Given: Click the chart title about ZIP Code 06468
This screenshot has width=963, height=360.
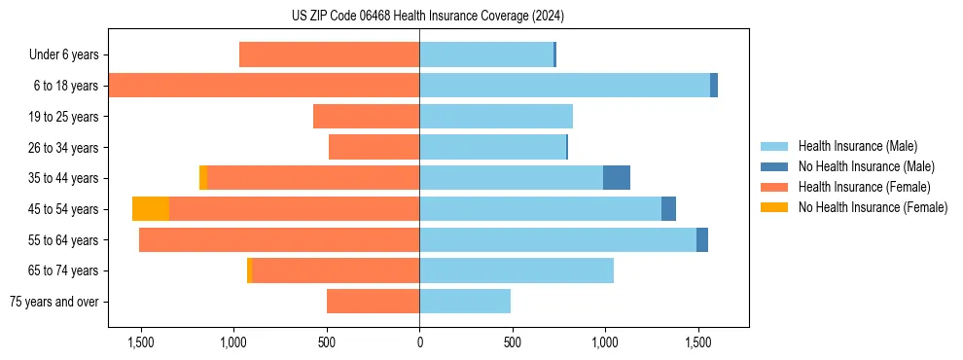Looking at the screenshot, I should pyautogui.click(x=427, y=17).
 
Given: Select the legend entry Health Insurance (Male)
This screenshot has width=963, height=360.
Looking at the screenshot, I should pyautogui.click(x=856, y=146).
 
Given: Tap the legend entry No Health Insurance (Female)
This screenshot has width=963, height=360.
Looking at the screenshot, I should pyautogui.click(x=873, y=207).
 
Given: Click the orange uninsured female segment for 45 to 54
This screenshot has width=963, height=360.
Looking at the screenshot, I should pyautogui.click(x=151, y=209).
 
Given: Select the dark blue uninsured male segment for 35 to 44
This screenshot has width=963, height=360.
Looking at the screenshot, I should pyautogui.click(x=617, y=178).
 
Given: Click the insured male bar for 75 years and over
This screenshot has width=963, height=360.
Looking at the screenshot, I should pyautogui.click(x=465, y=302).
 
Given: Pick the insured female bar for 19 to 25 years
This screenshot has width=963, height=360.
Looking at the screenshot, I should pyautogui.click(x=366, y=117).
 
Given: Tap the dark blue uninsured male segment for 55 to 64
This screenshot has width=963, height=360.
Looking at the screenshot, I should pyautogui.click(x=702, y=240).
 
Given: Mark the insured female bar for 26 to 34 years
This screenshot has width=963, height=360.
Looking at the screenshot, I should pyautogui.click(x=374, y=147).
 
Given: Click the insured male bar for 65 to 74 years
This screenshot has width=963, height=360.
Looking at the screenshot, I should pyautogui.click(x=517, y=270).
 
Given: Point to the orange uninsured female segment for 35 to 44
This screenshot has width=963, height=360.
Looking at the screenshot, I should pyautogui.click(x=203, y=178).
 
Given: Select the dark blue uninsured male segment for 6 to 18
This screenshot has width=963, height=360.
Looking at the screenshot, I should pyautogui.click(x=714, y=86).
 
